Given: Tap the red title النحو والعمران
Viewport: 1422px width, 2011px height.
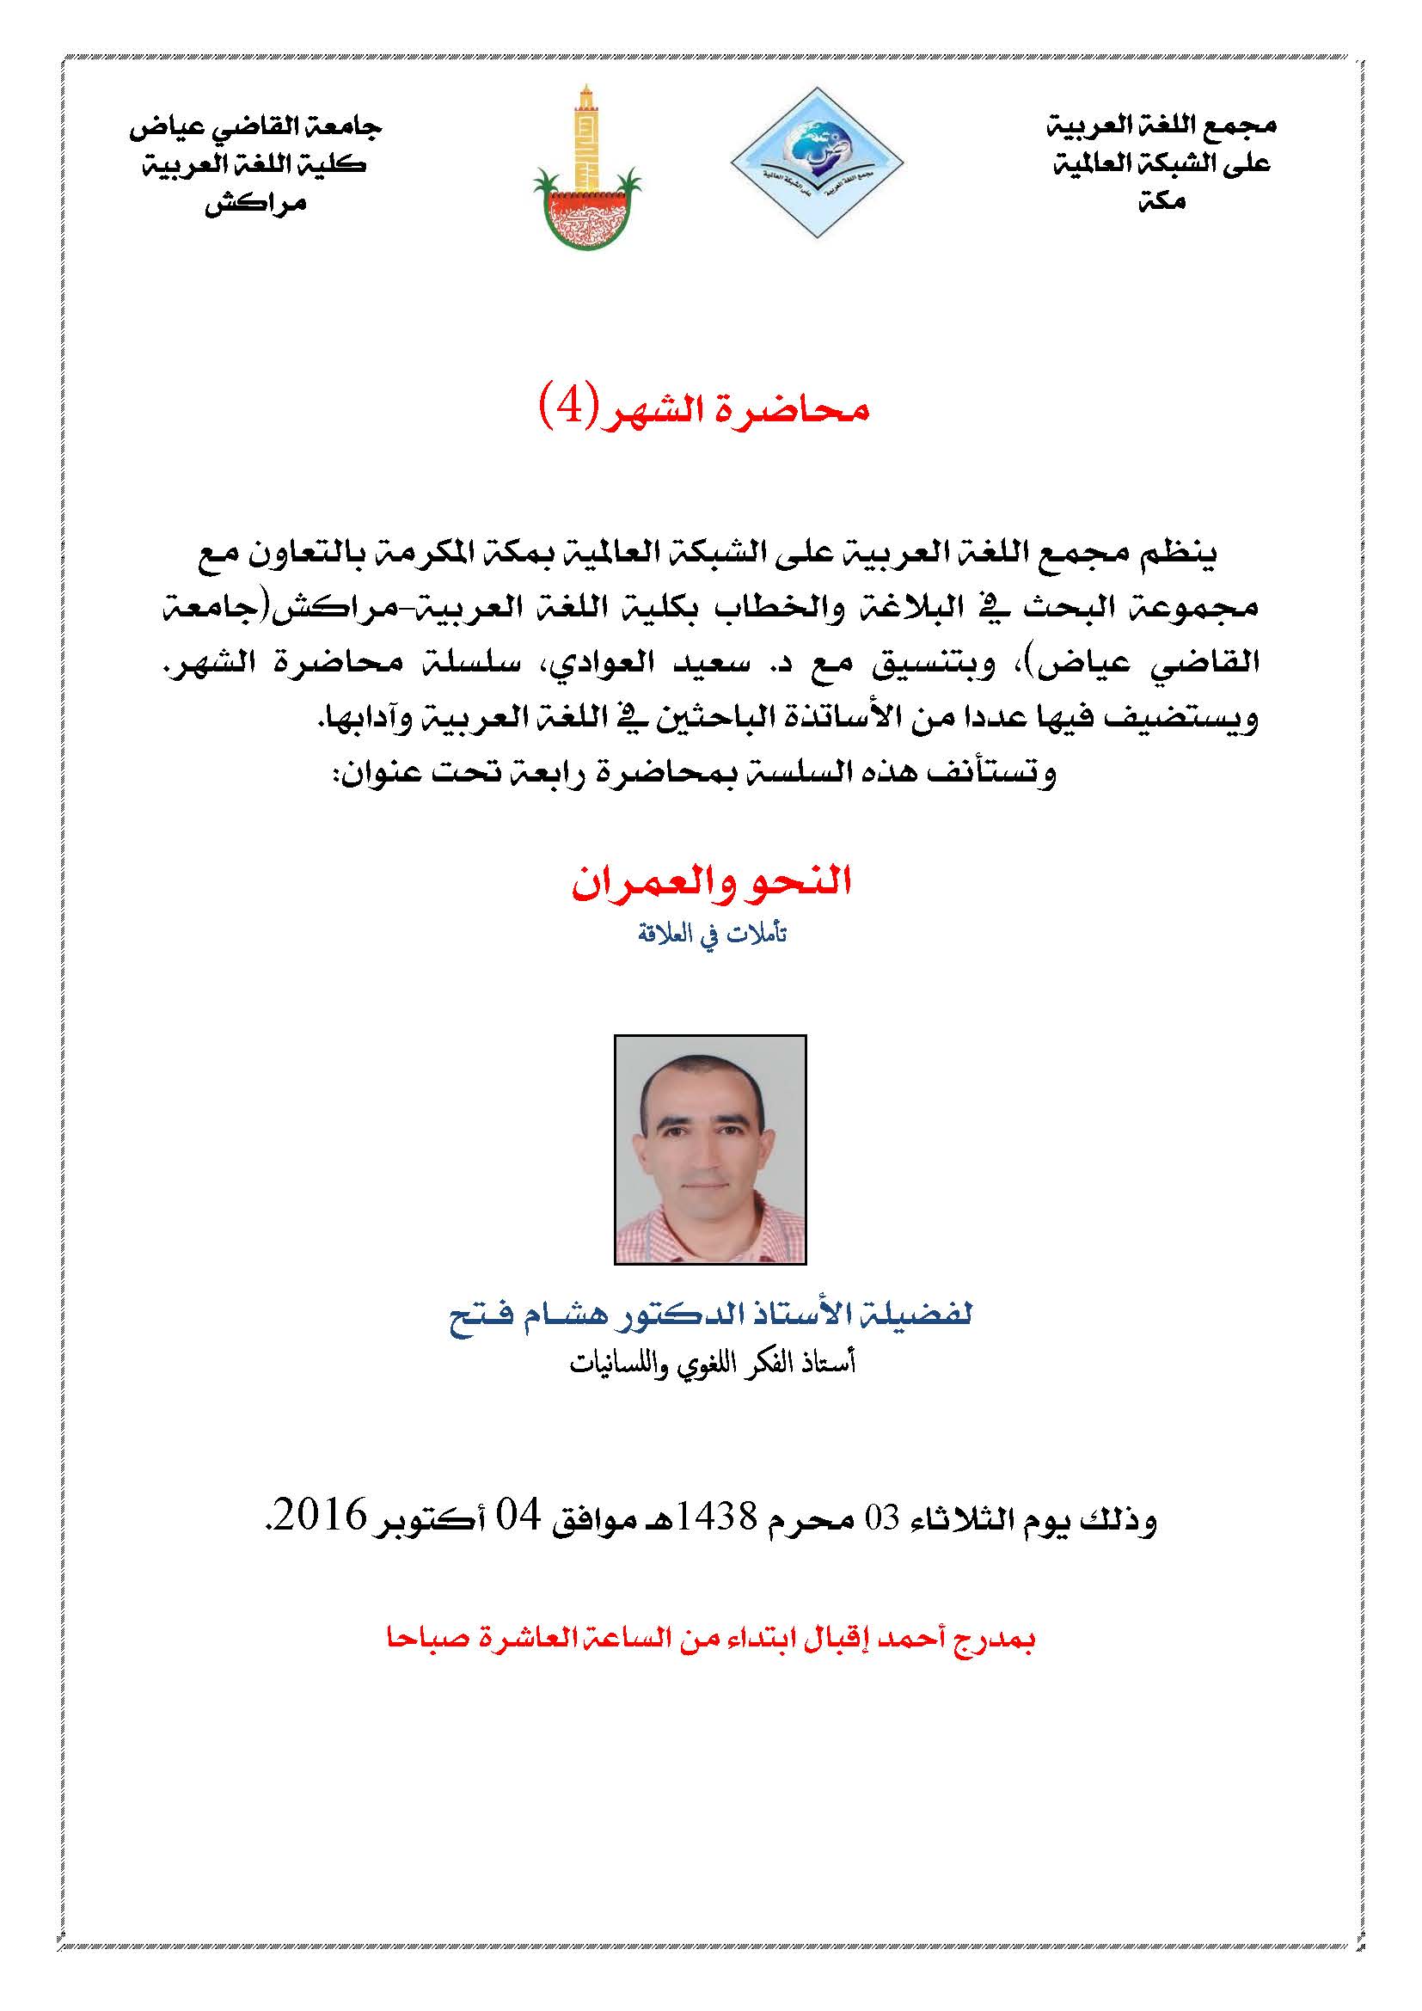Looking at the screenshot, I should (x=711, y=882).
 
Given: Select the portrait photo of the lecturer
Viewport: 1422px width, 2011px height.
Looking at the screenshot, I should (x=710, y=1150).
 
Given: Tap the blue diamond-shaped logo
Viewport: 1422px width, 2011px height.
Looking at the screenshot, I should (x=816, y=162).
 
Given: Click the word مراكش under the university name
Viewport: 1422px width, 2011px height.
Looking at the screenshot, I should (x=255, y=205).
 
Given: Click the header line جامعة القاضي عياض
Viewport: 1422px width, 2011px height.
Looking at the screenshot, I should (x=255, y=128).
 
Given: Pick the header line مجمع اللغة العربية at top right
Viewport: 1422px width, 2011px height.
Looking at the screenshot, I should (x=1162, y=126).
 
